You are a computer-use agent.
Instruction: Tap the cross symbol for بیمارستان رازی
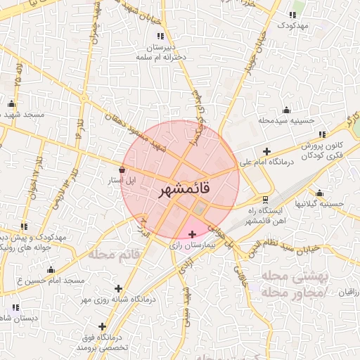(192, 234)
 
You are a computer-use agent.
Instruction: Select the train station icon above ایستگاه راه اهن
(264, 198)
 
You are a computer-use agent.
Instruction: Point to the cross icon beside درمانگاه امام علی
(266, 151)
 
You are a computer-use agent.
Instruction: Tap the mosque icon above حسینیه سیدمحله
(286, 109)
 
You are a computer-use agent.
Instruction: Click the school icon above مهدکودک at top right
(292, 14)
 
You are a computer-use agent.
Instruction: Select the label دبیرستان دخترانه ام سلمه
(161, 49)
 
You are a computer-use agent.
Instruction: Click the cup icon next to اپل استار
(123, 169)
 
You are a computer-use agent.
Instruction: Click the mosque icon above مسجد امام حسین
(51, 269)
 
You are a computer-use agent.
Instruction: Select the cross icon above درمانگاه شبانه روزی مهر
(117, 288)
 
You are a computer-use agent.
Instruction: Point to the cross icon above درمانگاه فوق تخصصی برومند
(103, 326)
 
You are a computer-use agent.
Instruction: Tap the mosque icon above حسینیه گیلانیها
(320, 193)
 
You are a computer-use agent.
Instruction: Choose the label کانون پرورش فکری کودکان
(307, 150)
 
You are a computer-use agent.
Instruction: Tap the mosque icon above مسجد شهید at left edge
(11, 104)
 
